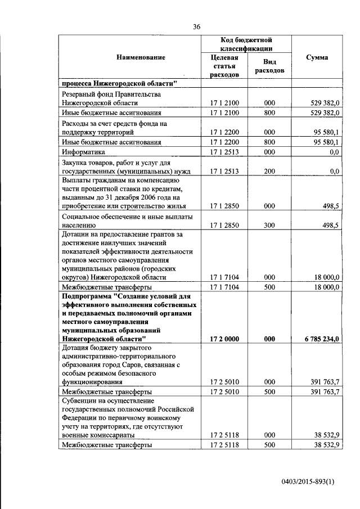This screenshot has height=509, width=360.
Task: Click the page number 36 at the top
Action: click(197, 26)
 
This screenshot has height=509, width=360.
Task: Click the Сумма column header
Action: click(317, 57)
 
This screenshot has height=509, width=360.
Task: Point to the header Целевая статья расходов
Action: click(224, 66)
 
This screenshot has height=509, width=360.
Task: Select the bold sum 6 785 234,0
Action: click(318, 339)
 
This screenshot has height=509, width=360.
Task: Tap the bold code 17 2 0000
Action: click(224, 339)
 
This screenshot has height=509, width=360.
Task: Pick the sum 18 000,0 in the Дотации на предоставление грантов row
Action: click(324, 277)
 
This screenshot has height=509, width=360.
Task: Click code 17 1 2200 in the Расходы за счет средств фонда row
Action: click(224, 133)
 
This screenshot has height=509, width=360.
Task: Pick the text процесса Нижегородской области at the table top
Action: click(119, 83)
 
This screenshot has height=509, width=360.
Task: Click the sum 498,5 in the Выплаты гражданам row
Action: click(329, 206)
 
